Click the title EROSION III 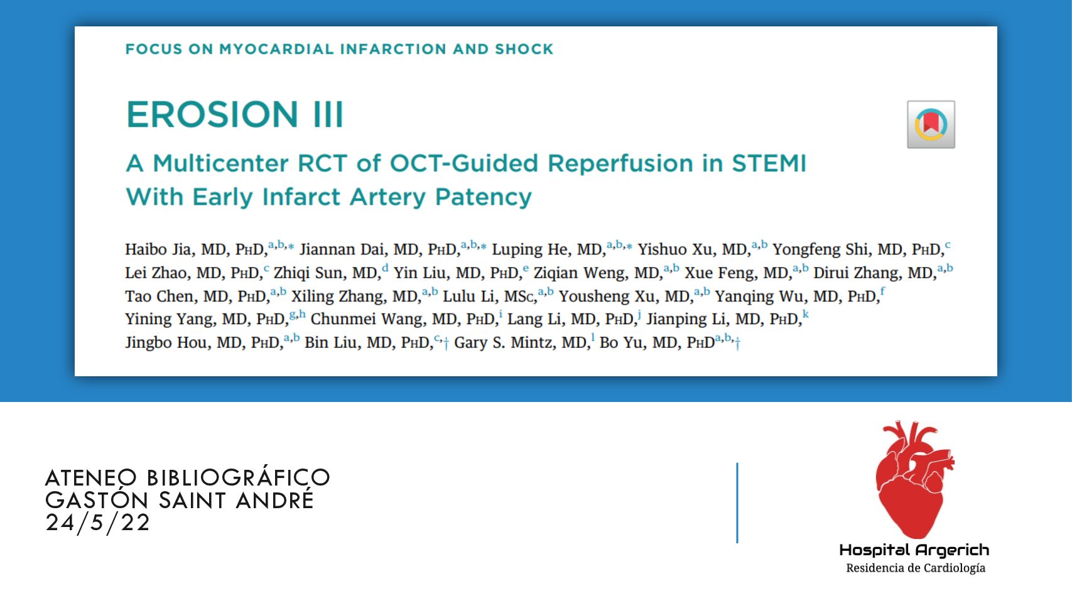tap(234, 114)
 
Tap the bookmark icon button tap(931, 124)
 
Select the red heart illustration tap(914, 479)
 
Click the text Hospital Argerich tap(914, 550)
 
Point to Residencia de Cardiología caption tap(916, 568)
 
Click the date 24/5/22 tap(97, 522)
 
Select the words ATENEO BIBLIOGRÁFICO tap(187, 477)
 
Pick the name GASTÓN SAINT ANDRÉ tap(180, 500)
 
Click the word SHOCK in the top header tap(524, 49)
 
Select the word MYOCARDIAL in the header tap(276, 49)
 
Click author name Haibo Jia tap(160, 249)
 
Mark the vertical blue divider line tap(737, 503)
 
